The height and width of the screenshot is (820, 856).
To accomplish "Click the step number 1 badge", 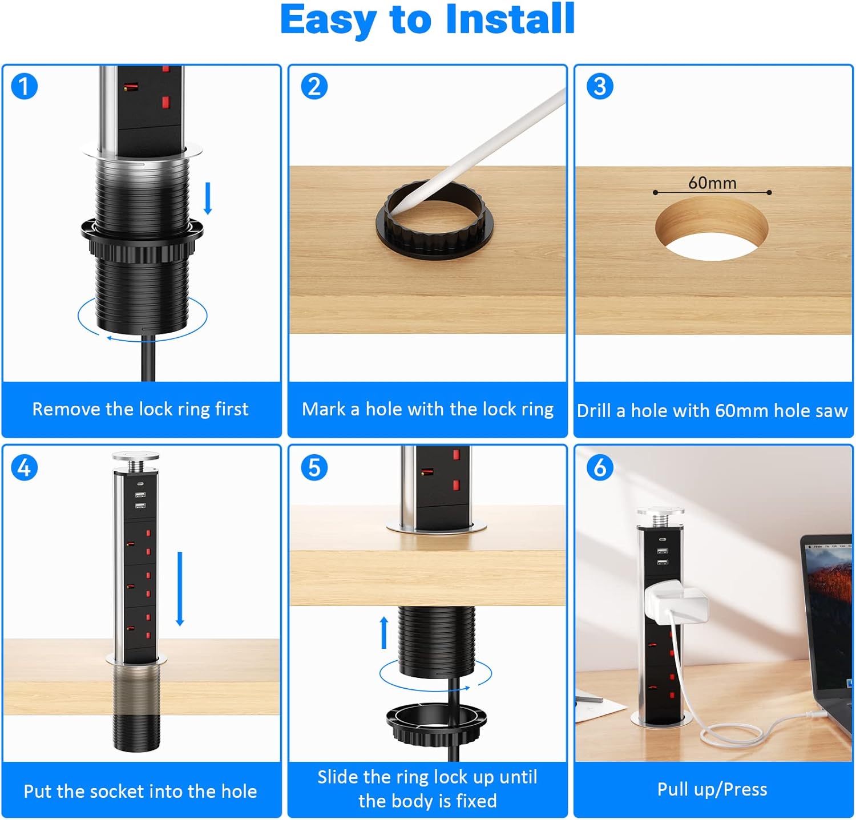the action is tap(24, 87).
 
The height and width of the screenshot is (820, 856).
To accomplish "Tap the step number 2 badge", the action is tap(314, 87).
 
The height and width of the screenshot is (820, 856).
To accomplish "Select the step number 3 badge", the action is tap(600, 87).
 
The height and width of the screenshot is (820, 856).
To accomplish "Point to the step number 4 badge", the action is tap(24, 468).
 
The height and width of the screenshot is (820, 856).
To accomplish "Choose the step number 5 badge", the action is tap(314, 468).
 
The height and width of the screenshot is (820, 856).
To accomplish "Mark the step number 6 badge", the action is tap(600, 468).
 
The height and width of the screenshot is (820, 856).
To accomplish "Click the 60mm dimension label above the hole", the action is tap(712, 183).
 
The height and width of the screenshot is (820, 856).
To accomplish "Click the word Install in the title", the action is tap(510, 19).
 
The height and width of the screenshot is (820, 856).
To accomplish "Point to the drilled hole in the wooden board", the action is tap(711, 229).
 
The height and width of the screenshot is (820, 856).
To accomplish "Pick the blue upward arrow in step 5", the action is tap(384, 632).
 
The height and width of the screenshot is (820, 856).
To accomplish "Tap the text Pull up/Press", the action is tap(712, 790).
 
